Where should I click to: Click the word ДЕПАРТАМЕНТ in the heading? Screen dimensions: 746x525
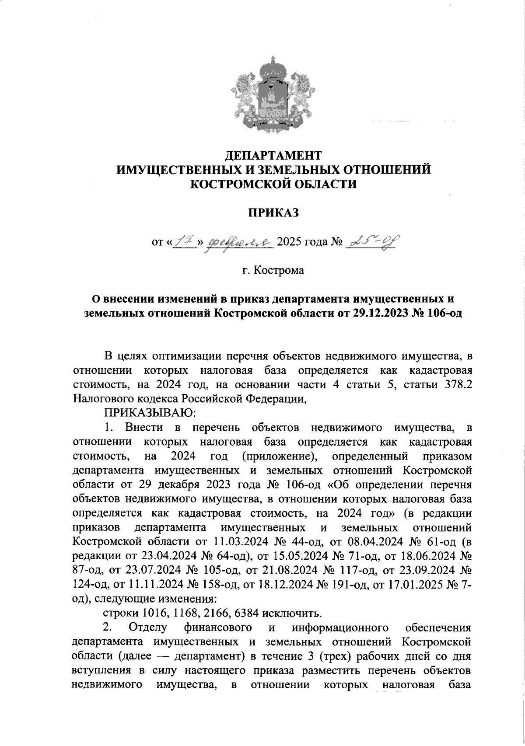point(273,155)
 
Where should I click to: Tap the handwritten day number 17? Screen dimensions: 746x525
point(184,241)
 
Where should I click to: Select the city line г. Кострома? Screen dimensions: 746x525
point(273,270)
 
